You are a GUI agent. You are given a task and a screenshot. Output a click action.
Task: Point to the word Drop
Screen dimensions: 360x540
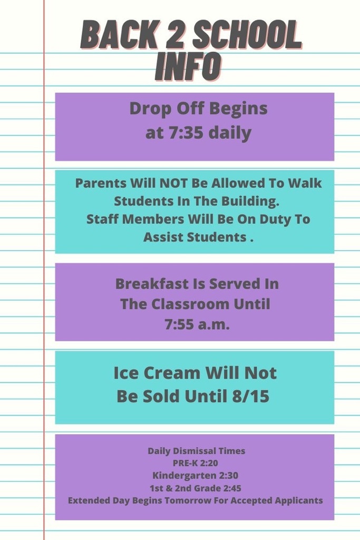coord(150,109)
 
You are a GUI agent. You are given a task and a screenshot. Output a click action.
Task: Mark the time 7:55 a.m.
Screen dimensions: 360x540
coord(197,324)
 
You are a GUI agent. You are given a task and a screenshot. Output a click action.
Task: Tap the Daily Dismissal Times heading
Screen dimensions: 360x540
coord(197,451)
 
